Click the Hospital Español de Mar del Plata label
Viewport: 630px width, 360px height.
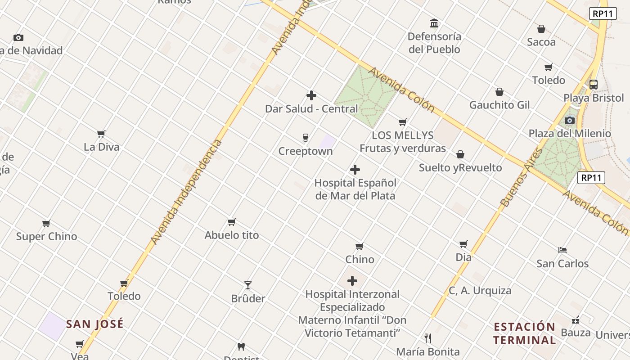(x=355, y=189)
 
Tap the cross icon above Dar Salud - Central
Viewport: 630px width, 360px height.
(x=311, y=95)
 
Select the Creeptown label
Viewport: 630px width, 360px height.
(x=306, y=151)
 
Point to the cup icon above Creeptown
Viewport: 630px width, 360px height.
(x=306, y=138)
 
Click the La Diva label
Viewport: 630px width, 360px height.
(x=102, y=147)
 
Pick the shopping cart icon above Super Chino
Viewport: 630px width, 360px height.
(x=46, y=223)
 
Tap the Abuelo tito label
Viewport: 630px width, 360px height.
(x=232, y=235)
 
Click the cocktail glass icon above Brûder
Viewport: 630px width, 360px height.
(x=248, y=285)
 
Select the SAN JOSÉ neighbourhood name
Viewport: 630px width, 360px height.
(x=95, y=324)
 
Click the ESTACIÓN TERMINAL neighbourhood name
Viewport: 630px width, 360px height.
(x=524, y=333)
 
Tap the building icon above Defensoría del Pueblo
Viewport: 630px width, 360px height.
(x=434, y=23)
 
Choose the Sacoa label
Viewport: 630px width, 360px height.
(x=541, y=42)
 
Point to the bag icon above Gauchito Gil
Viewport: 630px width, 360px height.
(x=499, y=92)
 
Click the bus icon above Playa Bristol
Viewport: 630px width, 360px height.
(x=594, y=84)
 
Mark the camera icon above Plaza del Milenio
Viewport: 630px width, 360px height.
(x=570, y=120)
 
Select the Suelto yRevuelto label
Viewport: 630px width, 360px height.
(x=460, y=168)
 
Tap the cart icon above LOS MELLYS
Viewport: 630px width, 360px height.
(x=403, y=122)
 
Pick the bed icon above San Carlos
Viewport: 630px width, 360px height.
(x=562, y=250)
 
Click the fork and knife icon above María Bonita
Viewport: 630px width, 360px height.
(x=428, y=338)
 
